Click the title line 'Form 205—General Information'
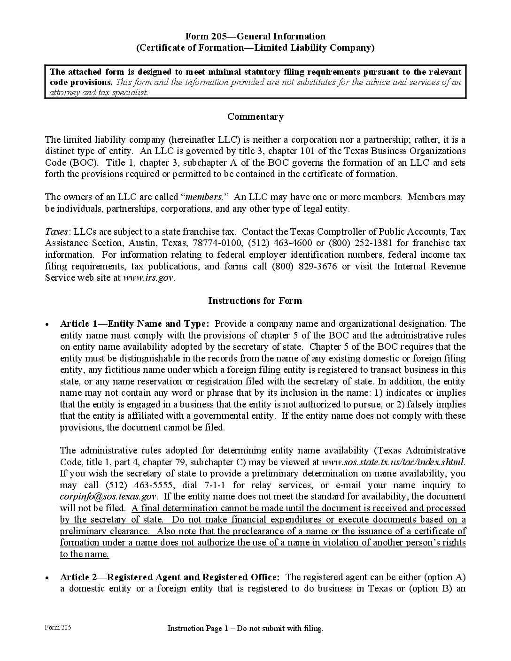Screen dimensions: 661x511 (x=255, y=36)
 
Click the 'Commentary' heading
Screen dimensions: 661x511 (x=255, y=116)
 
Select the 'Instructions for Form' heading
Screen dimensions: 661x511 (x=255, y=300)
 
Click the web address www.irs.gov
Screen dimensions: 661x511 (x=148, y=277)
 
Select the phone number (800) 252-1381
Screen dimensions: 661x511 (x=360, y=243)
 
